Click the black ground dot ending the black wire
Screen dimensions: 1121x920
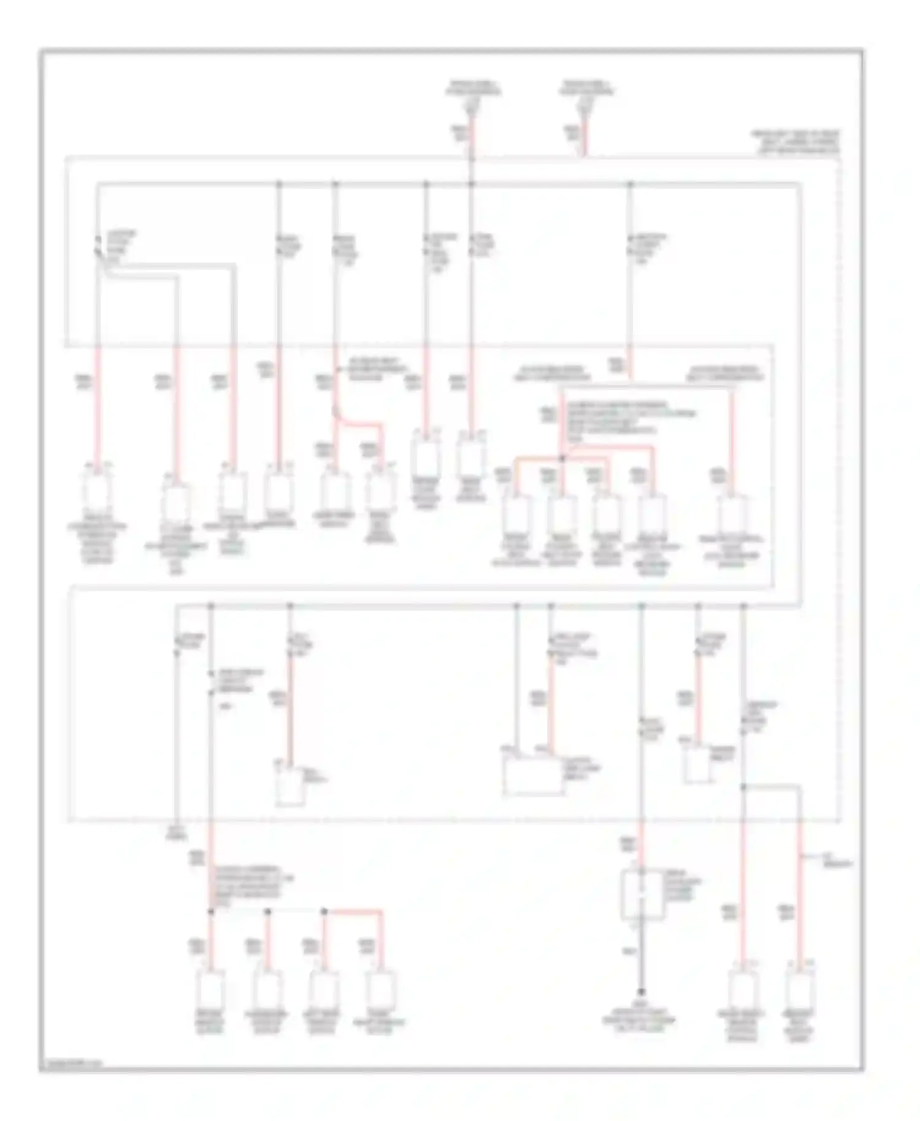pyautogui.click(x=642, y=991)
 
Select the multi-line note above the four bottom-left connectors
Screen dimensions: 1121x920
pyautogui.click(x=251, y=887)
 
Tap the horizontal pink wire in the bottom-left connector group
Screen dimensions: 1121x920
pyautogui.click(x=353, y=911)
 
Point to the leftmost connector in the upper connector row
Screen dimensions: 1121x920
pyautogui.click(x=97, y=491)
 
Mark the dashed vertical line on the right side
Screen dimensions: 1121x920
pyautogui.click(x=840, y=491)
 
